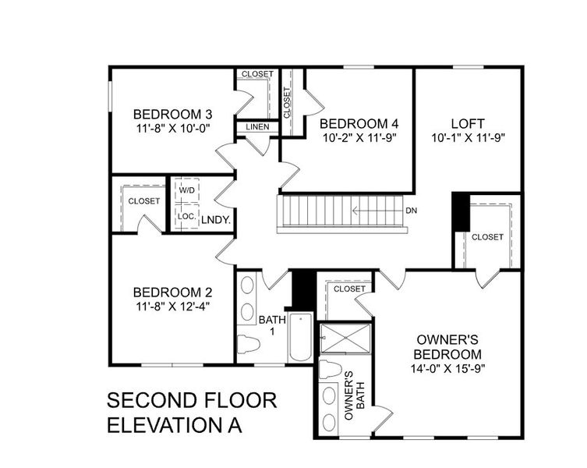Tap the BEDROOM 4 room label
pos(359,123)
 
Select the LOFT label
pos(468,123)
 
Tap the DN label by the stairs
pos(412,211)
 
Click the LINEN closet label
pos(257,126)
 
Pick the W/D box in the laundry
pos(187,190)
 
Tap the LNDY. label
pos(215,221)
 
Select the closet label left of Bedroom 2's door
pos(144,200)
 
